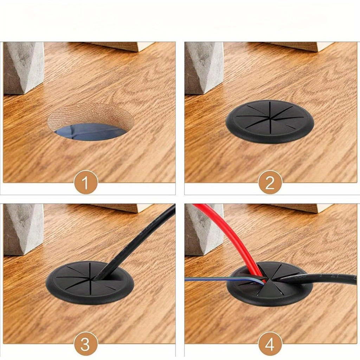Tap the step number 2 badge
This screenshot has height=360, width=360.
coord(270,182)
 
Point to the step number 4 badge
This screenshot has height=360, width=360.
coord(270,345)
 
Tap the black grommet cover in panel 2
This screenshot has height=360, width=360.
coord(270,122)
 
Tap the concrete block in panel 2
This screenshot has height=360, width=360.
coord(204,68)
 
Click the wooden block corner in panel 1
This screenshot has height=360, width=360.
coord(124,46)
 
